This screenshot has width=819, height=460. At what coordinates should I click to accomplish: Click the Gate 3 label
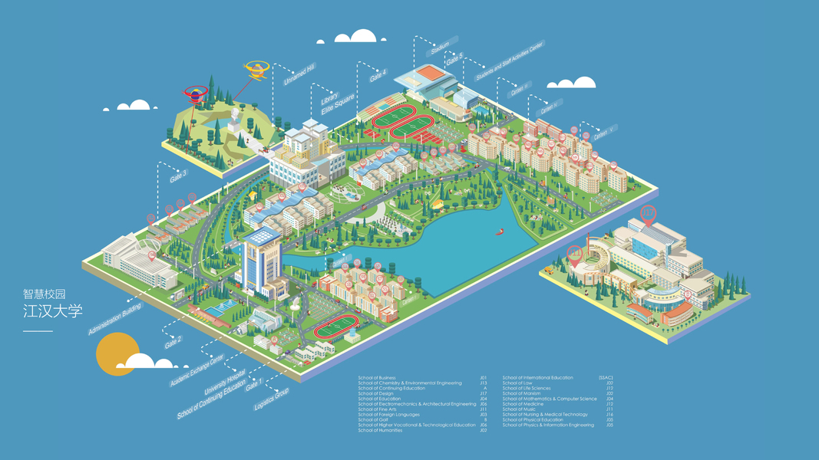178,176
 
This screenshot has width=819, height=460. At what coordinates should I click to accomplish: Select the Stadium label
440,48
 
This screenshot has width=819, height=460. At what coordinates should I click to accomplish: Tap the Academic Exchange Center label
196,371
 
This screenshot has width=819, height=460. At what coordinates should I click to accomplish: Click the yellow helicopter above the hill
256,70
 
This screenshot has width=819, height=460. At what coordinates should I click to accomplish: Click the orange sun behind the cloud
113,355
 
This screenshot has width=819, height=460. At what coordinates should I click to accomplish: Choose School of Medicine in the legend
523,404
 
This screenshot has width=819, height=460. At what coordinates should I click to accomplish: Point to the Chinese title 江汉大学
52,312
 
